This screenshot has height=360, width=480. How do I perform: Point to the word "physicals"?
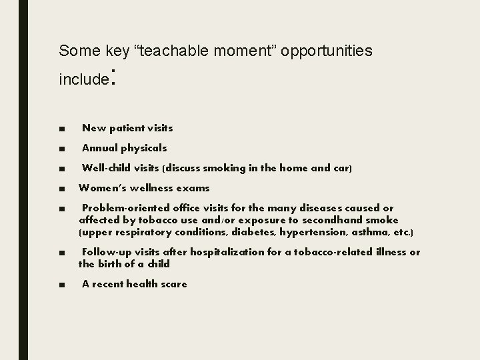pyautogui.click(x=145, y=148)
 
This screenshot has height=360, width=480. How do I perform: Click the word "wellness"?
pyautogui.click(x=149, y=189)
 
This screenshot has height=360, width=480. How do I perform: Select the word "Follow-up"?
pyautogui.click(x=105, y=252)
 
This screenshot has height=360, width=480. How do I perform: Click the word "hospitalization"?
pyautogui.click(x=229, y=252)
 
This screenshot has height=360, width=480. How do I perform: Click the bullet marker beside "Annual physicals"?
pyautogui.click(x=62, y=149)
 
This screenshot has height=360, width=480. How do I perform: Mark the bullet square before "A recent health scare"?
pyautogui.click(x=62, y=285)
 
